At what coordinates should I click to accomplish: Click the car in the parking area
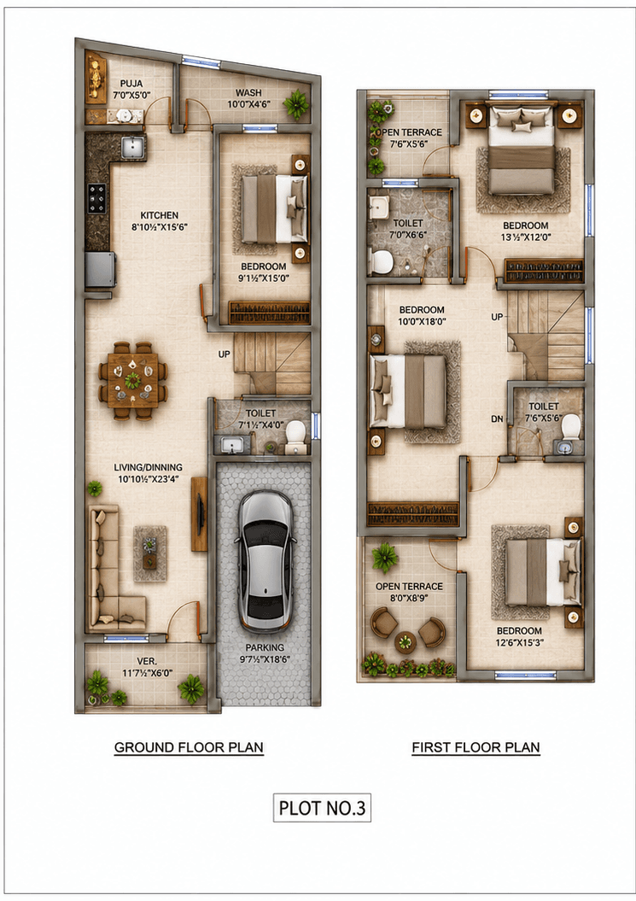pos(265,561)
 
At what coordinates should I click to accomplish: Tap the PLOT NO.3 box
pos(322,807)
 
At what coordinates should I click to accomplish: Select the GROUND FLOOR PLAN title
pos(189,747)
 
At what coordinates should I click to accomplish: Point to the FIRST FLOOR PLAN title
pos(476,747)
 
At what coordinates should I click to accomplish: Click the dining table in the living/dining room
pos(132,380)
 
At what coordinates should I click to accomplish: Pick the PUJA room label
pos(131,84)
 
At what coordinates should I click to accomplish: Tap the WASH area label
pos(248,92)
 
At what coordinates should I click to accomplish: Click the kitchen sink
pos(133,147)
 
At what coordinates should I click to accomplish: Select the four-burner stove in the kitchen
pos(96,198)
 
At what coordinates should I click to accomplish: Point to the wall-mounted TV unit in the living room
pos(199,514)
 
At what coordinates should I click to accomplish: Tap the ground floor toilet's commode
pos(295,435)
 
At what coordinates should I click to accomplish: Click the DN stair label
pos(497,419)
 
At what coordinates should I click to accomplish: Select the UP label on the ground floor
pos(224,354)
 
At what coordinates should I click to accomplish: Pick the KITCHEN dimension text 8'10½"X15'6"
pos(160,227)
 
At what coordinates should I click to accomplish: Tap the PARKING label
pos(265,647)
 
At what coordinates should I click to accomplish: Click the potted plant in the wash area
pos(296,104)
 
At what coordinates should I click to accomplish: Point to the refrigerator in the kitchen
pos(101,270)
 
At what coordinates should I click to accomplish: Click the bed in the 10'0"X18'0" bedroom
pos(408,391)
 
